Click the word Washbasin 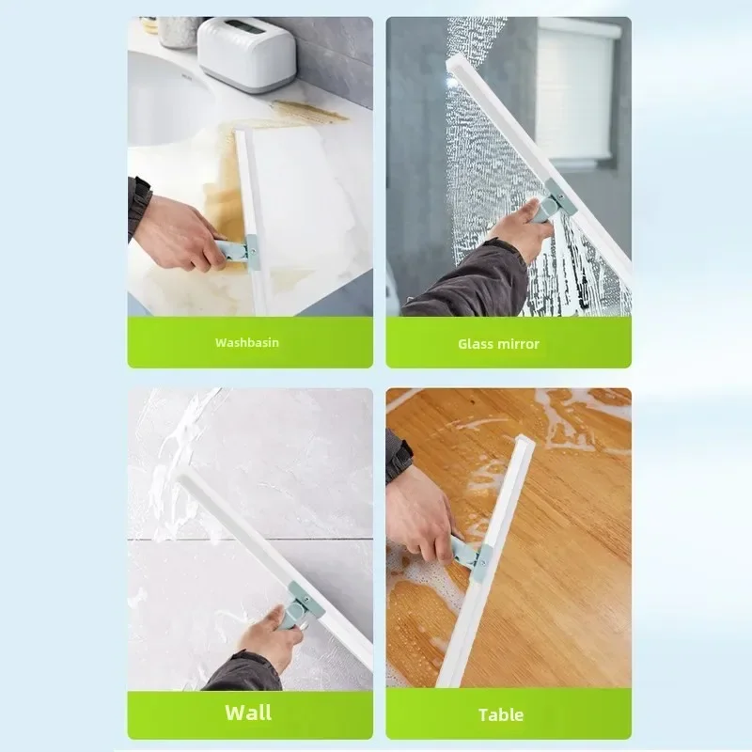pos(247,342)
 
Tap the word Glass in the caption pos(475,344)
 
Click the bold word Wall pos(248,712)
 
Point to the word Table pos(501,714)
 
